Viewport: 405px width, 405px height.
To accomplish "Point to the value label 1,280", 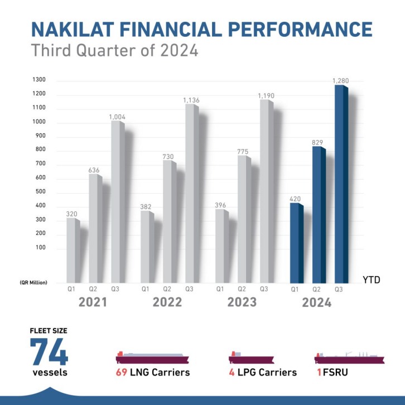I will [340, 81].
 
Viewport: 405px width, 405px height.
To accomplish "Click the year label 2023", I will [242, 302].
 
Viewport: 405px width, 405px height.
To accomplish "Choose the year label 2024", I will [316, 303].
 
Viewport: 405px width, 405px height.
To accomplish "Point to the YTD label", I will [371, 280].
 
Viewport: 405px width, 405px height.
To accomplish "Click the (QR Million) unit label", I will [33, 282].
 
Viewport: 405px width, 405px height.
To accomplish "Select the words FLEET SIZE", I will [49, 330].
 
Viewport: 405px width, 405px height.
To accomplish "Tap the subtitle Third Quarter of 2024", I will [115, 51].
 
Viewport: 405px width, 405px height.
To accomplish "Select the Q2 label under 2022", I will [167, 289].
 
